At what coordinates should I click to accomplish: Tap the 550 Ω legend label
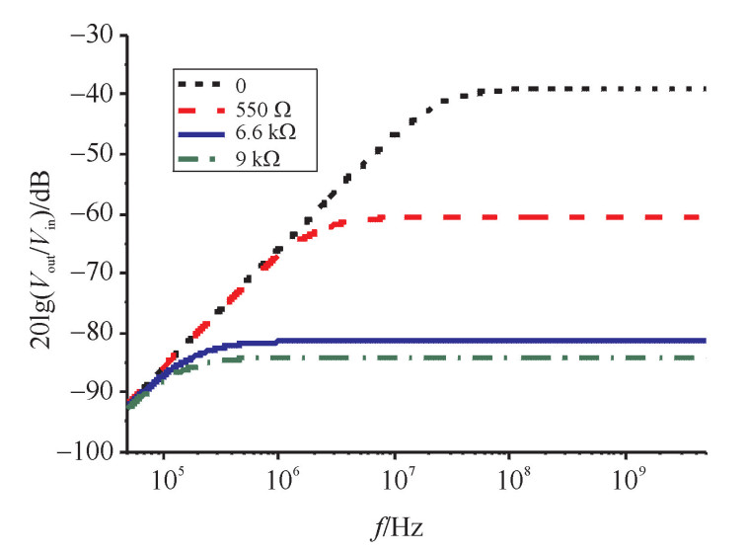coord(259,108)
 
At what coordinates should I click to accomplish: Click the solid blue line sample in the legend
coord(200,133)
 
